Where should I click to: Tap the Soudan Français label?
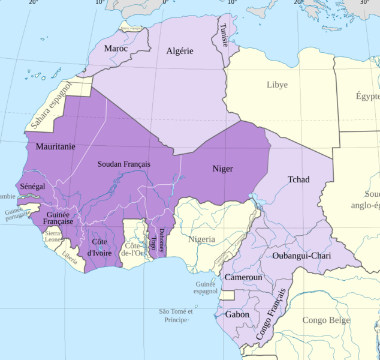pyautogui.click(x=124, y=164)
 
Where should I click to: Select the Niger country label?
pyautogui.click(x=222, y=169)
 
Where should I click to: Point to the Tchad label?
pyautogui.click(x=298, y=179)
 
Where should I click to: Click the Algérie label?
pyautogui.click(x=180, y=51)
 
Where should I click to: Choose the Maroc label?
pyautogui.click(x=116, y=48)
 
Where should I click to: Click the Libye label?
pyautogui.click(x=277, y=85)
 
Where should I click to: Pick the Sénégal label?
pyautogui.click(x=32, y=187)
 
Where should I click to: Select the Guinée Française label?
pyautogui.click(x=59, y=218)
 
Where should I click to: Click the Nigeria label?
pyautogui.click(x=201, y=239)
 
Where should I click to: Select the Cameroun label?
pyautogui.click(x=243, y=278)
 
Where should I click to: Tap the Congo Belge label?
pyautogui.click(x=325, y=320)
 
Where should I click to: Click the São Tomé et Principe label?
pyautogui.click(x=176, y=316)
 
